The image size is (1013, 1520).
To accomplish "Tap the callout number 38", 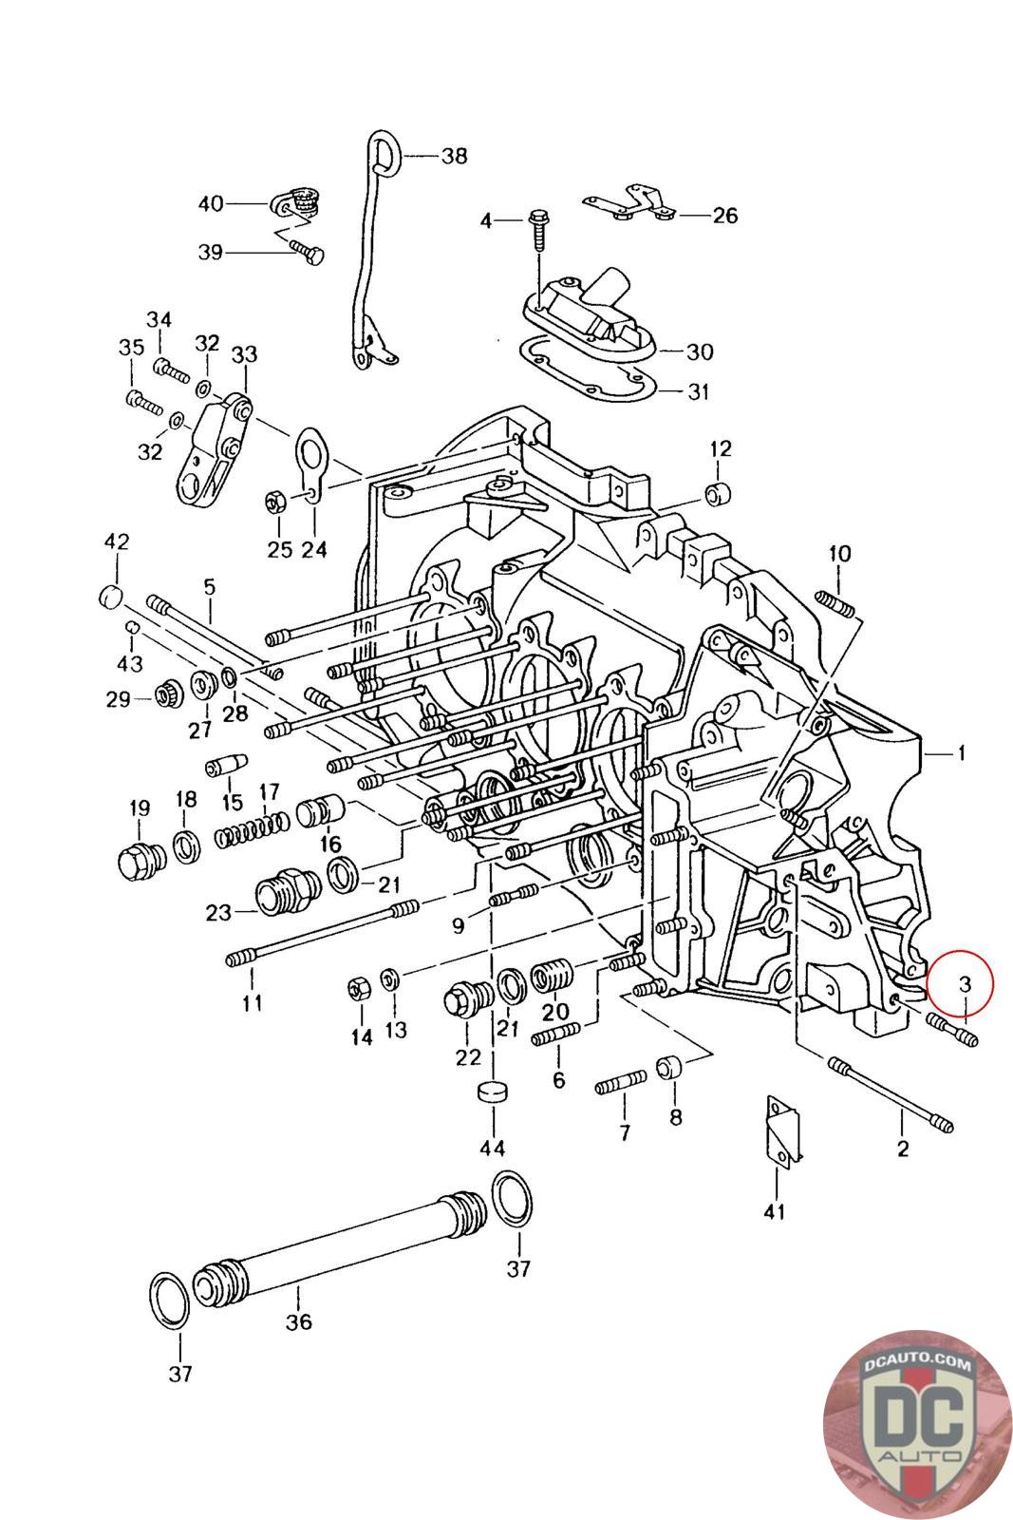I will coord(454,155).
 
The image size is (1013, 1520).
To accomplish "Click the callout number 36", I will coord(299,1321).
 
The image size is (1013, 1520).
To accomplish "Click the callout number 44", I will coord(492,1149).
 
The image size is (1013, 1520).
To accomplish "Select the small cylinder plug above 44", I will coord(492,1092).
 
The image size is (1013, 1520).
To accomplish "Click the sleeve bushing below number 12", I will coord(719,494).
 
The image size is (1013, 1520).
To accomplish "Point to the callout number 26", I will coord(724,215).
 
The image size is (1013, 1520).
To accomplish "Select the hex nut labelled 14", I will coord(359,988).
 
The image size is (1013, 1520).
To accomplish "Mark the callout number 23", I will coord(218,913).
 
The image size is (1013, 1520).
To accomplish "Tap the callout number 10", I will coord(839,553).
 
